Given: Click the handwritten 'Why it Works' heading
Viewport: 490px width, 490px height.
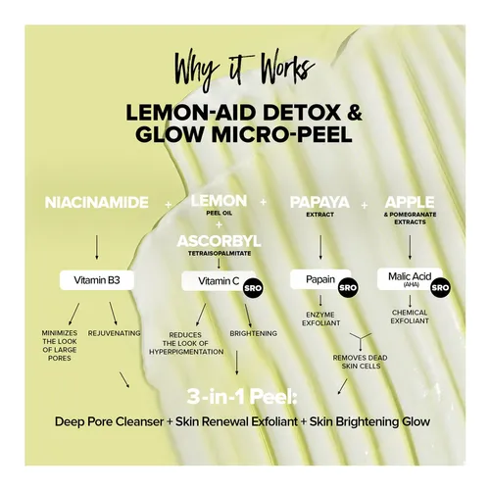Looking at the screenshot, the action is click(244, 70).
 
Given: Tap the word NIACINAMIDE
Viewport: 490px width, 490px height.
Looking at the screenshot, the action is click(97, 203).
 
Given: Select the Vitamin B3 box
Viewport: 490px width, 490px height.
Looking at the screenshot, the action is click(97, 280).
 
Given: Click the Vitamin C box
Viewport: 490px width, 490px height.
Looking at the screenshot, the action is click(219, 280).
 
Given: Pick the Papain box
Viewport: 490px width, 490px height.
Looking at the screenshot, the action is click(320, 279).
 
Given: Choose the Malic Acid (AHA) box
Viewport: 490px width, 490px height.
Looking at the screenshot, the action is click(410, 279).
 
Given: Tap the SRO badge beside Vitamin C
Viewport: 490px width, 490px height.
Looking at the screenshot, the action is click(253, 288).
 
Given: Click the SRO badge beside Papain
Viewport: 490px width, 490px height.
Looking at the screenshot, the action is click(348, 287).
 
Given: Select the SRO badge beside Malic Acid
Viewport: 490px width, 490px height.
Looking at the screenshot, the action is click(440, 287).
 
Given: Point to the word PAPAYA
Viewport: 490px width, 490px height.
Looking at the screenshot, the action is click(319, 202).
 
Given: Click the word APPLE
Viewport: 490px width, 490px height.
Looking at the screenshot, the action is click(410, 202).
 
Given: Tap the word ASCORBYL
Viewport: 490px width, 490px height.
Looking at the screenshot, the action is click(219, 241).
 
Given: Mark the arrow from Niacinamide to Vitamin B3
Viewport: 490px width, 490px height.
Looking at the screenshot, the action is click(96, 247).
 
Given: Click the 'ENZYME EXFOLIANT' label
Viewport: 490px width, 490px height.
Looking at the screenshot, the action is click(320, 318).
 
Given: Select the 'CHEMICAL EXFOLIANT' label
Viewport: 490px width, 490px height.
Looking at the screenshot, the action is click(410, 317).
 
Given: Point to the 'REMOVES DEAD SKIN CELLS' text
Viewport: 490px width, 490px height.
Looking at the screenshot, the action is click(361, 362).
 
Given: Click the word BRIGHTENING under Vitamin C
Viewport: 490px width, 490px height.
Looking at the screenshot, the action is click(253, 333).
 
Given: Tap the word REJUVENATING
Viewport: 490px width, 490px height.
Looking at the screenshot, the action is click(114, 333).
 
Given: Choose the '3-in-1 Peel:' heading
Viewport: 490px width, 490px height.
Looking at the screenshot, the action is click(242, 397).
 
